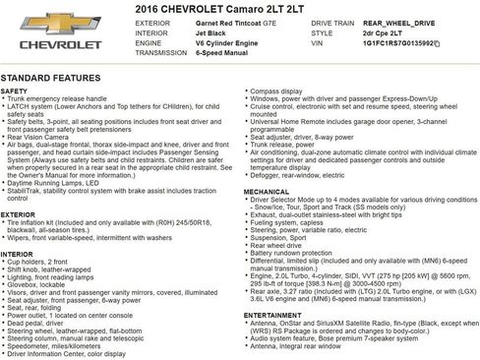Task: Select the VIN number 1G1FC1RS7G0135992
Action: pyautogui.click(x=401, y=43)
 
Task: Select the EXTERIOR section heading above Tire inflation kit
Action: pyautogui.click(x=18, y=213)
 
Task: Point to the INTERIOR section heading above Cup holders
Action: pyautogui.click(x=18, y=254)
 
